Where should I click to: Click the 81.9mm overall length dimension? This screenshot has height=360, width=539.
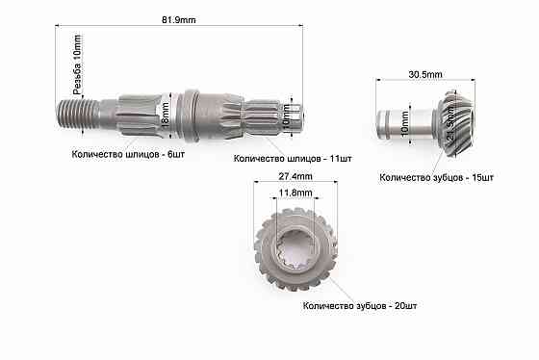point(180,16)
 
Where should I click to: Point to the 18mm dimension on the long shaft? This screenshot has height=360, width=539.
point(167,109)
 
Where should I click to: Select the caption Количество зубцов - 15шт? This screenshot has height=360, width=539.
point(437,178)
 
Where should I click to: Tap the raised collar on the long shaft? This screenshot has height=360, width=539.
point(191,109)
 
